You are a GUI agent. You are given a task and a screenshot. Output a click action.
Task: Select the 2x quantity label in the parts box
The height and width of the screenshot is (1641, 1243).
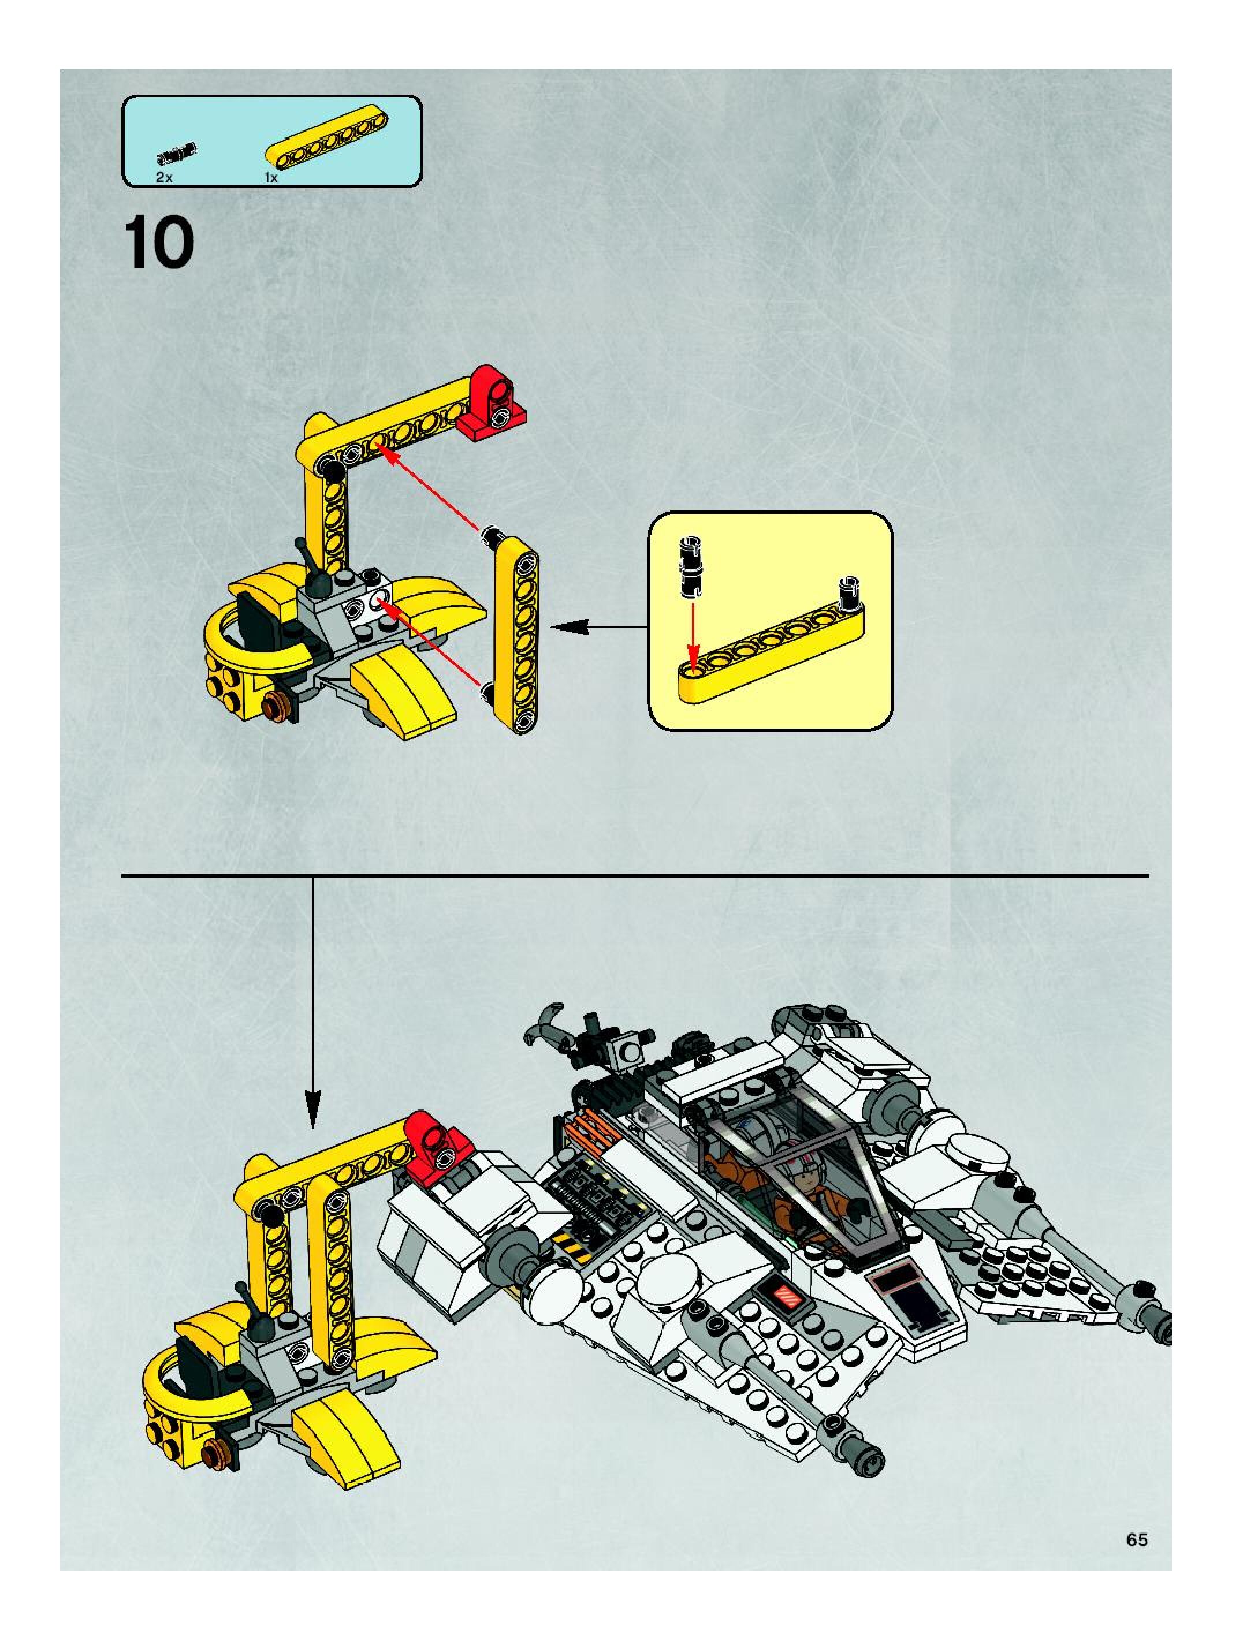(164, 178)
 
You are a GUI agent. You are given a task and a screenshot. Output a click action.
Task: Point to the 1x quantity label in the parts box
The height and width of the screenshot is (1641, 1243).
(271, 178)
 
